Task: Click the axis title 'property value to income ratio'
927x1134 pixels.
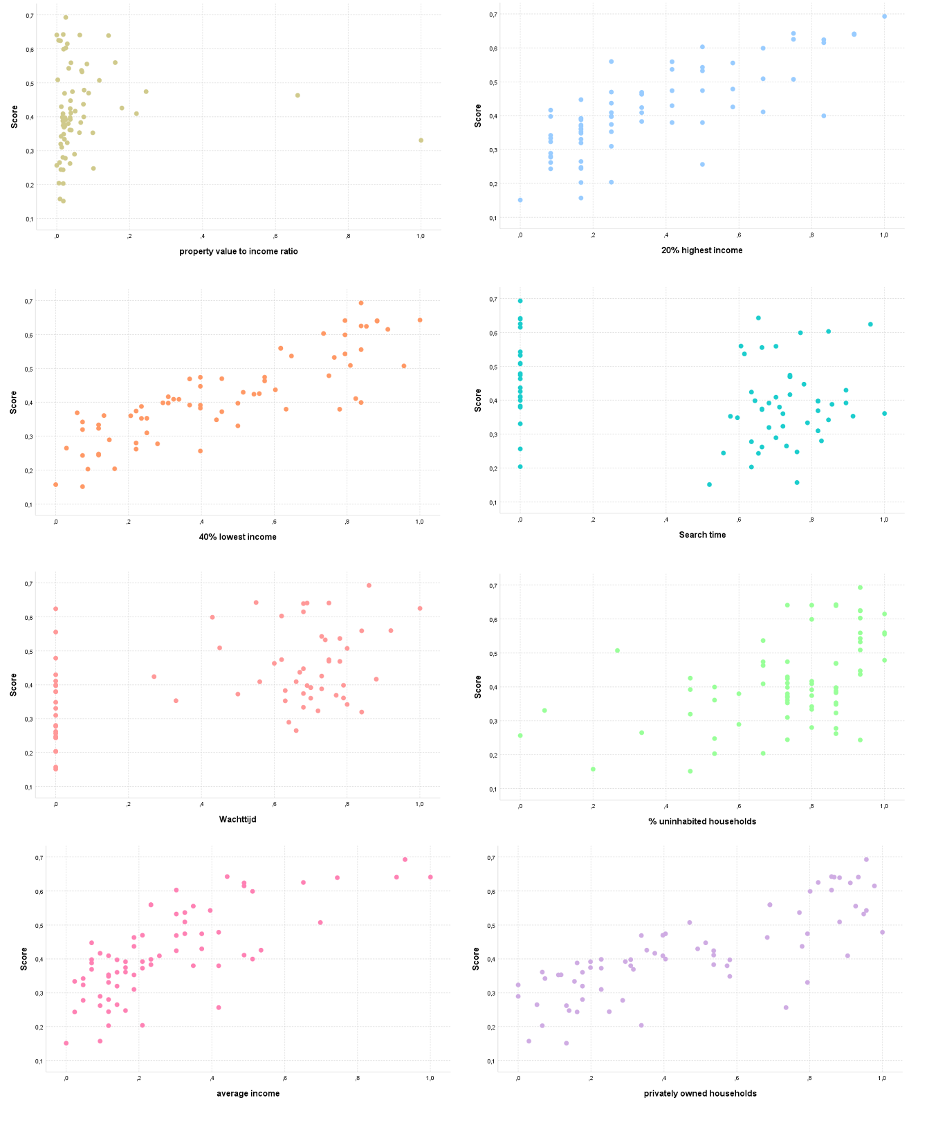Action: pos(239,251)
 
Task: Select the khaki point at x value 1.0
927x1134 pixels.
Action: pos(421,140)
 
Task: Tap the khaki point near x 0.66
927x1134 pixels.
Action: pos(297,95)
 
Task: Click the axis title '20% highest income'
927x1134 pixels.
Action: pos(701,250)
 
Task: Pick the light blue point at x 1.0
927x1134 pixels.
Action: pos(884,17)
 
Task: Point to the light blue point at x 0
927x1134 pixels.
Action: pos(520,200)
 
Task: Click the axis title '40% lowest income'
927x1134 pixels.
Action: pos(238,537)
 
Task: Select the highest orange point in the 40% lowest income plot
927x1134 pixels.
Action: pos(360,303)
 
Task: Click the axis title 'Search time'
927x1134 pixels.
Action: pos(702,535)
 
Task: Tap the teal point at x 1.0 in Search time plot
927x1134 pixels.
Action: pos(884,414)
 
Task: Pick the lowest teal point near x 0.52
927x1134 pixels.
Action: pos(709,485)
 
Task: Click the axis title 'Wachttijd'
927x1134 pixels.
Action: pos(238,819)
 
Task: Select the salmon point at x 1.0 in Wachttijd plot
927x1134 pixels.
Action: pos(419,609)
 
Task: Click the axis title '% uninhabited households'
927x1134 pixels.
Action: pos(702,821)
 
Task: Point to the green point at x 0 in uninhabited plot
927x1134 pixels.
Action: pos(520,735)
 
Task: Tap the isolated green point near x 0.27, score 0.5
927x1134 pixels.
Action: pos(617,650)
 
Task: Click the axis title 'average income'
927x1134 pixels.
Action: pos(248,1093)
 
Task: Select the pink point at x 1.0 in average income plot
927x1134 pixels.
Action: pos(430,877)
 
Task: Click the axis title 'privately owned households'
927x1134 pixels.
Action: pos(700,1093)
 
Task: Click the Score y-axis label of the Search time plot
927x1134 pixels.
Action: pos(478,400)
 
